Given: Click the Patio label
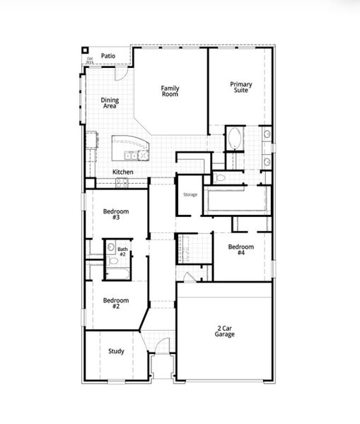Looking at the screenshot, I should pyautogui.click(x=108, y=55).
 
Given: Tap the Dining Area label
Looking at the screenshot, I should pyautogui.click(x=110, y=103).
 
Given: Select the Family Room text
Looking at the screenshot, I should pyautogui.click(x=170, y=91).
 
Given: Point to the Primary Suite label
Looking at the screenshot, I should pyautogui.click(x=240, y=88).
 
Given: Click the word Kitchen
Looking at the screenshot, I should pyautogui.click(x=122, y=172).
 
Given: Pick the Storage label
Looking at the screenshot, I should pyautogui.click(x=190, y=194).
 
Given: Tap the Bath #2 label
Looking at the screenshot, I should pyautogui.click(x=122, y=252).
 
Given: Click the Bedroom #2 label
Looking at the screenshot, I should pyautogui.click(x=115, y=303).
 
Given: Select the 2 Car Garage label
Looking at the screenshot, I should pyautogui.click(x=226, y=331).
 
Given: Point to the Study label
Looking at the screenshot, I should pyautogui.click(x=116, y=351).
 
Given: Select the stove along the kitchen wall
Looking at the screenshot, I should pyautogui.click(x=122, y=182).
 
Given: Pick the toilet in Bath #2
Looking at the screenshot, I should pyautogui.click(x=111, y=248).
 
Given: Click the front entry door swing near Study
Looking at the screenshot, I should pyautogui.click(x=162, y=348).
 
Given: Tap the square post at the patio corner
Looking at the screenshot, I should pyautogui.click(x=86, y=51).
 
